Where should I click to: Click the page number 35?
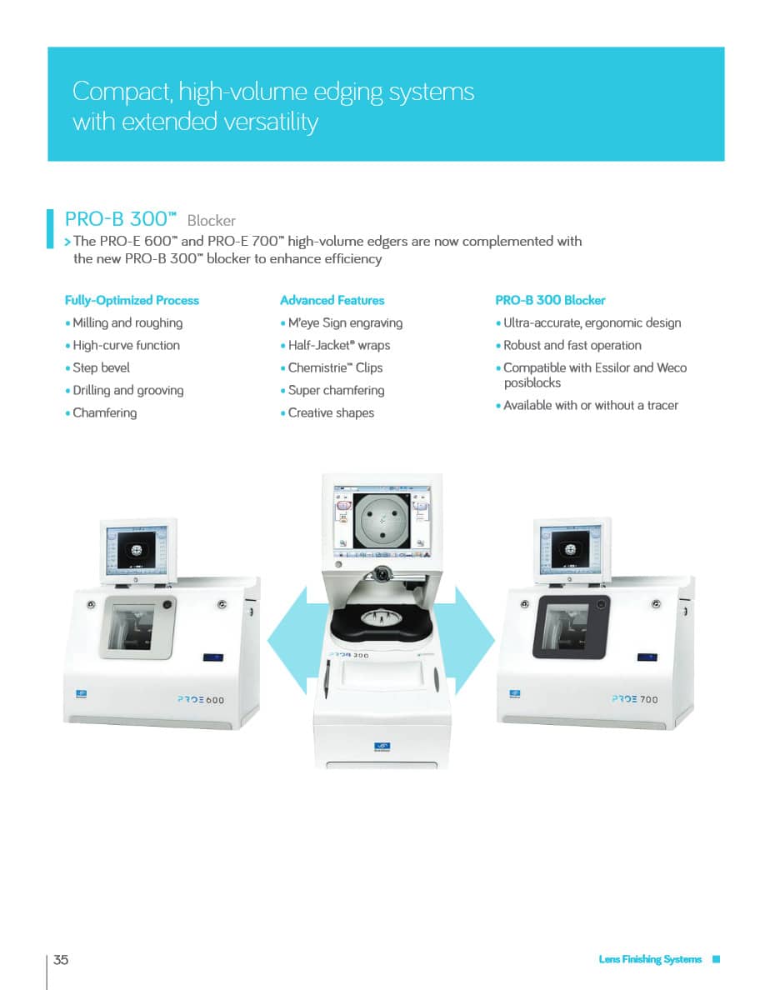coord(61,960)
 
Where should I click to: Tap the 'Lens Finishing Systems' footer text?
coord(650,959)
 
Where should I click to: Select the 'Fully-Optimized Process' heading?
coord(132,301)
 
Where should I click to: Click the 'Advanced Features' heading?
coord(332,301)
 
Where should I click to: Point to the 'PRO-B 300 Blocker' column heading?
coord(550,301)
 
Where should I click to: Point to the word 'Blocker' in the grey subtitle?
coord(212,220)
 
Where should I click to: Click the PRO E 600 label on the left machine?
coord(201,699)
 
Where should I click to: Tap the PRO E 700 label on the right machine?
coord(635,699)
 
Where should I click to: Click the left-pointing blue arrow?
coord(287,640)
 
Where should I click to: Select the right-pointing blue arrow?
coord(474,640)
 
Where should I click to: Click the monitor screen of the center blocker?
coord(382,520)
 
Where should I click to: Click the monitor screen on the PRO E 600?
coord(137,549)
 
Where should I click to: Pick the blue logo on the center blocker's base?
coord(382,747)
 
